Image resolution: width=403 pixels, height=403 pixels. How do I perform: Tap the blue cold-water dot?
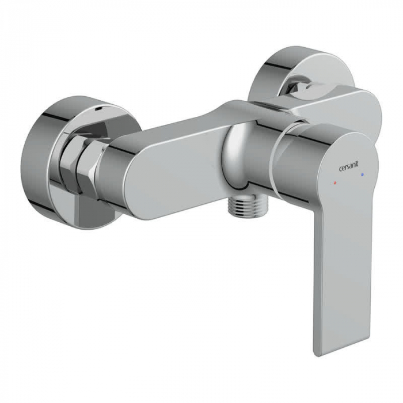coord(362,175)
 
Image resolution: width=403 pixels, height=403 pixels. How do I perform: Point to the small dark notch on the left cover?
coord(99,110)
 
